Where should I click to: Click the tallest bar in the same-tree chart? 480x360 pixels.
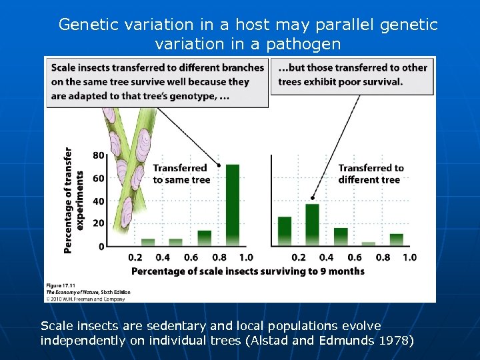(232, 205)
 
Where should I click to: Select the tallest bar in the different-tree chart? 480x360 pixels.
(312, 225)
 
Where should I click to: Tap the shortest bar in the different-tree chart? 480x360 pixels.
(368, 244)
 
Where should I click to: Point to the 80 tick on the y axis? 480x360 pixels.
(98, 155)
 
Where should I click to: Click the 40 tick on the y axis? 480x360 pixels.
(98, 201)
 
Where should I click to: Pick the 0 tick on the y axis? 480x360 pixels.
(101, 247)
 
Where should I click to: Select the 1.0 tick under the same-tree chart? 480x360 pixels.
(246, 257)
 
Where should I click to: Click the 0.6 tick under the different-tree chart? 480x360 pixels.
(354, 257)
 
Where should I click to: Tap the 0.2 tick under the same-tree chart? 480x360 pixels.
(135, 257)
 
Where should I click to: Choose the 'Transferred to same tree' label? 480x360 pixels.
(181, 174)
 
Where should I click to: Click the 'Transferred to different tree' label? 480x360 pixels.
(371, 174)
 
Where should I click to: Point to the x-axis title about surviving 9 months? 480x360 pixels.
(247, 271)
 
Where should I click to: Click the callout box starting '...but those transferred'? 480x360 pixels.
(352, 75)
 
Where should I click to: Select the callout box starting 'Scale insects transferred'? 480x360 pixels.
(157, 81)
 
